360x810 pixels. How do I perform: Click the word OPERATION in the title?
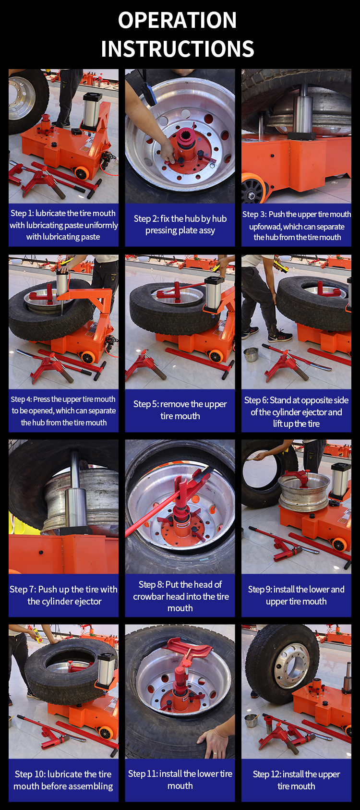[177, 20]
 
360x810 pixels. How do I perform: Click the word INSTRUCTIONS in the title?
[178, 49]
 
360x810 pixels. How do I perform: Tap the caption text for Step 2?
[180, 225]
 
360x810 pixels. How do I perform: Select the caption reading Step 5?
[180, 410]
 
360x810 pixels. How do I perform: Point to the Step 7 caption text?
[64, 595]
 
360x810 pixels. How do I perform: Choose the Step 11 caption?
[180, 780]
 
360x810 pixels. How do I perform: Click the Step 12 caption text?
[296, 780]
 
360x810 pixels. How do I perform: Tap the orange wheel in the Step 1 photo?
[82, 174]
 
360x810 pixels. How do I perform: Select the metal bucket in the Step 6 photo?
[251, 354]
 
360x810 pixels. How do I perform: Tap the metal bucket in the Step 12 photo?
[251, 721]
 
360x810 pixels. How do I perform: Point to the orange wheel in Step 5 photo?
[216, 357]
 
